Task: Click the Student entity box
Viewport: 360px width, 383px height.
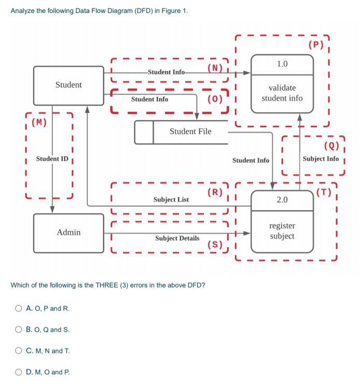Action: tap(68, 85)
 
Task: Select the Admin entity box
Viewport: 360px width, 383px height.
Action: tap(68, 232)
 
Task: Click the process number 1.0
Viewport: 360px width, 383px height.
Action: tap(282, 64)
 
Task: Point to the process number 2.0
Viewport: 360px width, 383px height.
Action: tap(282, 199)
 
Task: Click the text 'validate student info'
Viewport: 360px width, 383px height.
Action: tap(282, 93)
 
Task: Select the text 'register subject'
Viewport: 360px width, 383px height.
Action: tap(282, 231)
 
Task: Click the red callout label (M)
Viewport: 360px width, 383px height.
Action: tap(39, 123)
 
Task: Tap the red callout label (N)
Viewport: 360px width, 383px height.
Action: tap(215, 68)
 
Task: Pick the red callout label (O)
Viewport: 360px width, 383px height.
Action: tap(215, 99)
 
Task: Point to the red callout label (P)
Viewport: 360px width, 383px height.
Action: tap(316, 45)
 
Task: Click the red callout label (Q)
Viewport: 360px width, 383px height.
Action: tap(331, 145)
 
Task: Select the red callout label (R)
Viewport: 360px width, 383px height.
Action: tap(215, 193)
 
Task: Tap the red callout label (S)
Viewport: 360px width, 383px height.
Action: tap(215, 244)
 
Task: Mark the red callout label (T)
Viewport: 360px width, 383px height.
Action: tap(324, 193)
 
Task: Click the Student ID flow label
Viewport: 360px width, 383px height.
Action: tap(52, 158)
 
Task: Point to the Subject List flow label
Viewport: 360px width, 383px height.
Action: tap(171, 199)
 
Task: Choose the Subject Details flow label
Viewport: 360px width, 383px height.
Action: tap(177, 238)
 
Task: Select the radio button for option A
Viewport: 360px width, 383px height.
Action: tap(19, 308)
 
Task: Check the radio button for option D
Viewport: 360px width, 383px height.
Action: tap(19, 372)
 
